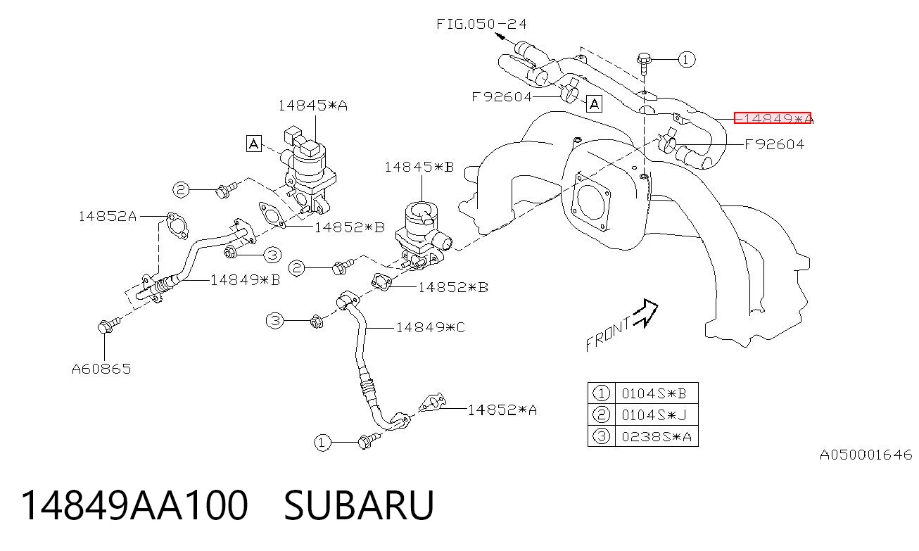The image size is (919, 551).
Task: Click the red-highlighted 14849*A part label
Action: [x=773, y=118]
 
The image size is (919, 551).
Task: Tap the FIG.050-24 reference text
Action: [x=481, y=24]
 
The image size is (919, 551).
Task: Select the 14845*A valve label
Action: [x=313, y=106]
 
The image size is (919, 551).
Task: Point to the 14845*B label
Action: [x=419, y=167]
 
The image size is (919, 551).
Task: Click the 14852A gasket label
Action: [x=108, y=216]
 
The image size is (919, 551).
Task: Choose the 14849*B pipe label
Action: [x=246, y=280]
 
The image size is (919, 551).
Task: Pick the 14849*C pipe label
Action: [x=431, y=327]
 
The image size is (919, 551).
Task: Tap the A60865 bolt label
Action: [x=101, y=369]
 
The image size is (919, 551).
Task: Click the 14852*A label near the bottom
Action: [x=502, y=410]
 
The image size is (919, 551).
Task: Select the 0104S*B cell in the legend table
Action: [x=654, y=394]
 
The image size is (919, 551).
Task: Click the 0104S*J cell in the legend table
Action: [x=654, y=415]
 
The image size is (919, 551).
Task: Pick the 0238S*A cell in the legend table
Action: [x=657, y=436]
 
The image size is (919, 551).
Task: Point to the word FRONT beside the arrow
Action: [x=608, y=334]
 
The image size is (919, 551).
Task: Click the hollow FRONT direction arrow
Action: [x=647, y=312]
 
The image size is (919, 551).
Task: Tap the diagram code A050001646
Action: [x=866, y=455]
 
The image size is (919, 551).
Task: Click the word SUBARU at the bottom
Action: [x=359, y=505]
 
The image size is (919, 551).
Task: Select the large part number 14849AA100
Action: [x=134, y=505]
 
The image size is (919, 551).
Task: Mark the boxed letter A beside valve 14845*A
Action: [x=254, y=144]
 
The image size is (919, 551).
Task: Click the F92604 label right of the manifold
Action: [x=775, y=144]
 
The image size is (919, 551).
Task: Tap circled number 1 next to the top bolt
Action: [x=687, y=60]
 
